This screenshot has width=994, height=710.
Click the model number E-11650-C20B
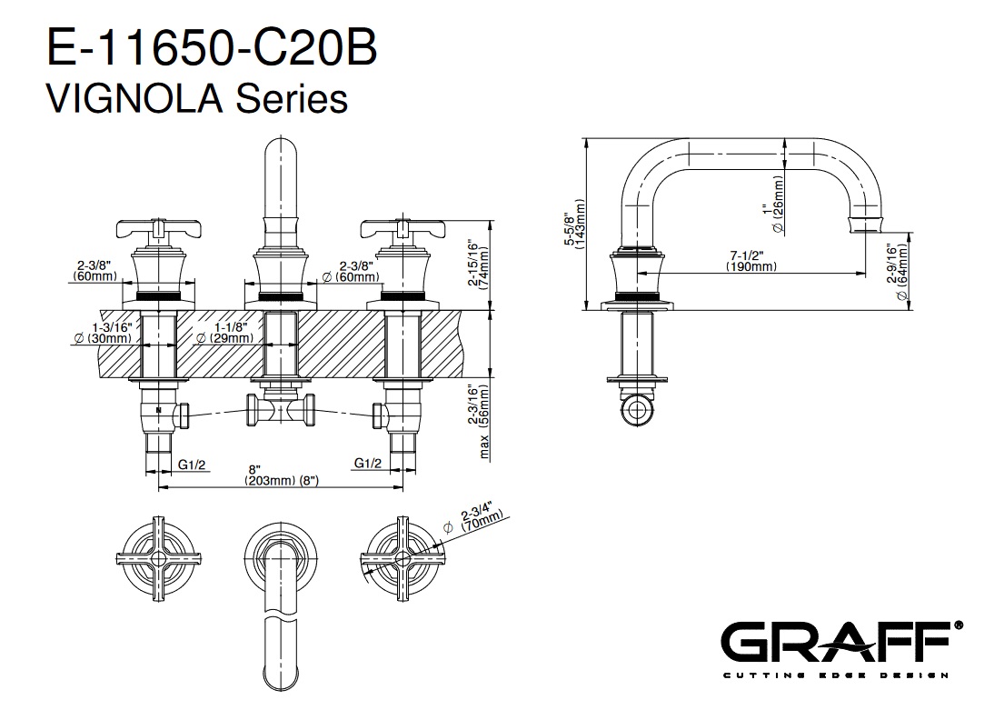(213, 47)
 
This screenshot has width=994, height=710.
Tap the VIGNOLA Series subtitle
(198, 99)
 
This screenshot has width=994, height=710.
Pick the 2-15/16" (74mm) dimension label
(479, 264)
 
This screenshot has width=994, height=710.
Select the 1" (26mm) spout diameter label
(774, 205)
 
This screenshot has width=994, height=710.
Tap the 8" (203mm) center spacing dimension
(281, 475)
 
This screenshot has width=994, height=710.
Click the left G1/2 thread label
(192, 465)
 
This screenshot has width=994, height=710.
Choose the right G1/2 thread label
(368, 463)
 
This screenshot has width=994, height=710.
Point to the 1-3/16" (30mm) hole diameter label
(103, 333)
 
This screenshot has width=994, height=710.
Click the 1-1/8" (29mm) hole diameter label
(224, 333)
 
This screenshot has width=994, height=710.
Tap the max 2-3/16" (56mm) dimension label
(479, 421)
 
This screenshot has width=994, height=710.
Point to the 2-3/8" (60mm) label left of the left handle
(95, 270)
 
